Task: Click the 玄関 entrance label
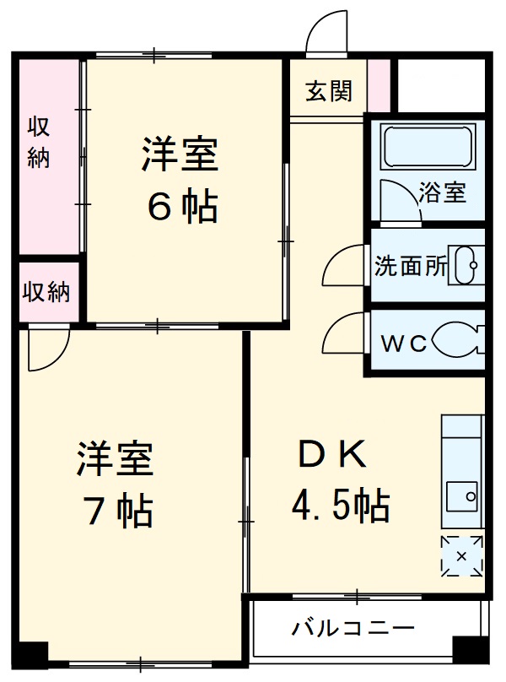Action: (x=329, y=89)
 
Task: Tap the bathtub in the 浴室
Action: (x=427, y=147)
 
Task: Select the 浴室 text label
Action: (x=442, y=193)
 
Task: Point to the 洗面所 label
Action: (x=411, y=267)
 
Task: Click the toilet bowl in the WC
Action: (x=457, y=342)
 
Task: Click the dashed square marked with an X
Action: (x=461, y=556)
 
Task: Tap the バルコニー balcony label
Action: (x=353, y=629)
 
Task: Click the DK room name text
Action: (x=331, y=457)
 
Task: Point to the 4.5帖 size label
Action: (x=340, y=506)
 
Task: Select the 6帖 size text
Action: (x=182, y=206)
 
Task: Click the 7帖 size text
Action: (x=116, y=510)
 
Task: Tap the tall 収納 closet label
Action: (x=39, y=143)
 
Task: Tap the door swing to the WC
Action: (x=343, y=334)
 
